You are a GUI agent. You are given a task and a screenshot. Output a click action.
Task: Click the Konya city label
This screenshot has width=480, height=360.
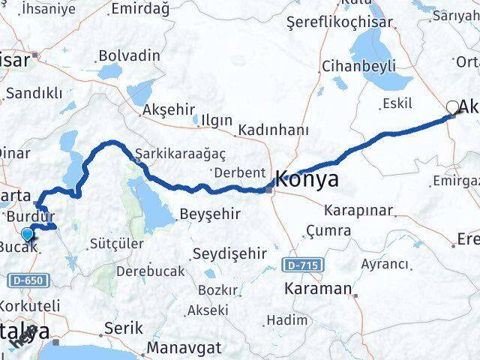[x=307, y=179]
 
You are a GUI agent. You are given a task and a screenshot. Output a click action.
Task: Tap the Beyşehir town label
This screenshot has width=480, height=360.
[x=209, y=214]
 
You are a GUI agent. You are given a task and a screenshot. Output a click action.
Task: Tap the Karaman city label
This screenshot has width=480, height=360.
[x=318, y=288]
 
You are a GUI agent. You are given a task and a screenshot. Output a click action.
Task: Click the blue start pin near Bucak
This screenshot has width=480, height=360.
[x=28, y=235]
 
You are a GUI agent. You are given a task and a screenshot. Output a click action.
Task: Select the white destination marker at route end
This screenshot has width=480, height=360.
[x=453, y=108]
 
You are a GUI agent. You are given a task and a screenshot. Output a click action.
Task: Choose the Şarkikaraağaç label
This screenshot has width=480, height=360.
[x=169, y=154]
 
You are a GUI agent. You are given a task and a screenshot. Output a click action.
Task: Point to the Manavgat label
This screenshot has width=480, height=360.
[x=184, y=348]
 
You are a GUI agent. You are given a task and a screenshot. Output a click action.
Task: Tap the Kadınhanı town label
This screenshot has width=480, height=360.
[x=273, y=130]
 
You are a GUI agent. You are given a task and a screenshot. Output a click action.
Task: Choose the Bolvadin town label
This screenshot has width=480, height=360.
[x=129, y=55]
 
